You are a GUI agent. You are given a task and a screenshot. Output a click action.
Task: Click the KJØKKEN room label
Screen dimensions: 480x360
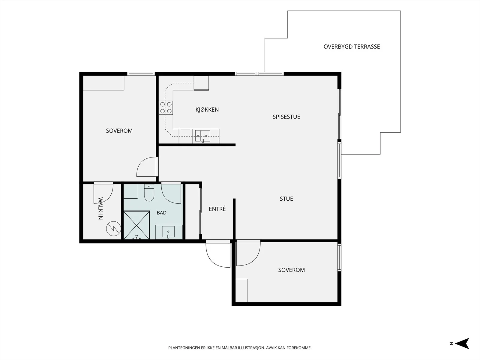[207, 109]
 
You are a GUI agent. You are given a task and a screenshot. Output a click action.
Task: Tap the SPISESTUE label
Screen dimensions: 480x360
[286, 117]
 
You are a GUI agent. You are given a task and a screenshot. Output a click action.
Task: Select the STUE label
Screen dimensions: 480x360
[286, 199]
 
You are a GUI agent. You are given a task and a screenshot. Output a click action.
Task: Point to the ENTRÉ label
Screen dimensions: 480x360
[217, 209]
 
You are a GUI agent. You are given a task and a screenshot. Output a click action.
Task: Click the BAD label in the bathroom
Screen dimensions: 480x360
[162, 213]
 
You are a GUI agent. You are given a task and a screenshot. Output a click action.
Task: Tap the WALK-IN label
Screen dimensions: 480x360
[100, 208]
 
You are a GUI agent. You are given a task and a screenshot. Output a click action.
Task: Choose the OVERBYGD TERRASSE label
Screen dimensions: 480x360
[352, 46]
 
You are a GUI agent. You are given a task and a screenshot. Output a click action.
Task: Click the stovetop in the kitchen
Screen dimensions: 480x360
[166, 108]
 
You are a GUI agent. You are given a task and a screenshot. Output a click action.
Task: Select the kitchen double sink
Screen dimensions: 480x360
[203, 136]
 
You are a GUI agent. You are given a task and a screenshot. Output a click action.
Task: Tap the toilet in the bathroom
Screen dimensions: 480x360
[149, 193]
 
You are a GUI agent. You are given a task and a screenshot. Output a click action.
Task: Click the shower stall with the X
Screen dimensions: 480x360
[137, 225]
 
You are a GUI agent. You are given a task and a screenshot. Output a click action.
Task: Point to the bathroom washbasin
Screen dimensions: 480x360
[168, 232]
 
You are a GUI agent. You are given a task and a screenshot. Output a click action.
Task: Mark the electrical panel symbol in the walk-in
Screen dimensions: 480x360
[113, 229]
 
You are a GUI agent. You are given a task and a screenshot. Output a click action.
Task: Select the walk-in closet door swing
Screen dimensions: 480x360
[103, 193]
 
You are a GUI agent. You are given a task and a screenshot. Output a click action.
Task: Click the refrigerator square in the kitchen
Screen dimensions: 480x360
[201, 83]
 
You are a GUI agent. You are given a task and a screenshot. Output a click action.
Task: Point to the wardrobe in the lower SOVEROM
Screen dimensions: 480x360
[241, 290]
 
